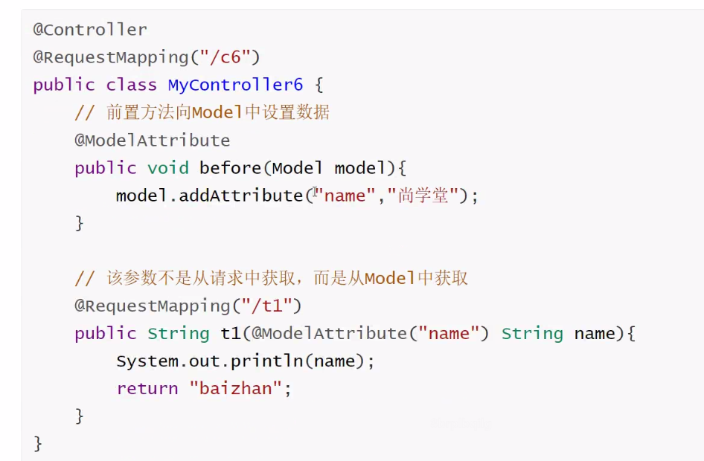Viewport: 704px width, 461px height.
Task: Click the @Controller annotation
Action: pyautogui.click(x=90, y=30)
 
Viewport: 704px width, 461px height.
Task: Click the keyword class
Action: pyautogui.click(x=132, y=85)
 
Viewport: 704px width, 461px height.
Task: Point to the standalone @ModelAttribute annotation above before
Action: pyautogui.click(x=153, y=140)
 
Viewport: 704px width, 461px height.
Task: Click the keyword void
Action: pyautogui.click(x=168, y=168)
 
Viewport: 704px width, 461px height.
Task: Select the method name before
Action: pyautogui.click(x=231, y=168)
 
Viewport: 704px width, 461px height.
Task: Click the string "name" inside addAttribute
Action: pyautogui.click(x=345, y=196)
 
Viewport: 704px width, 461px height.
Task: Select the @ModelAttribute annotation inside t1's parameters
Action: pyautogui.click(x=329, y=333)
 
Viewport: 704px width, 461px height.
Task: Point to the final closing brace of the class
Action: pyautogui.click(x=38, y=444)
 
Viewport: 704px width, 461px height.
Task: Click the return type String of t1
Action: pyautogui.click(x=179, y=333)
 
